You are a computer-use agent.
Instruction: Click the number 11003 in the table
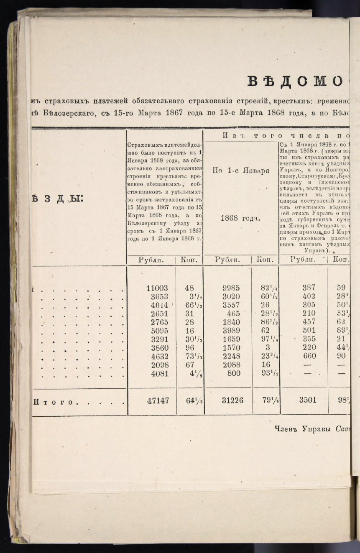157,288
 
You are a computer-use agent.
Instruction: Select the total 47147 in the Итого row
158,400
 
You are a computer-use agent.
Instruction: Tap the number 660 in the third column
310,356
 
